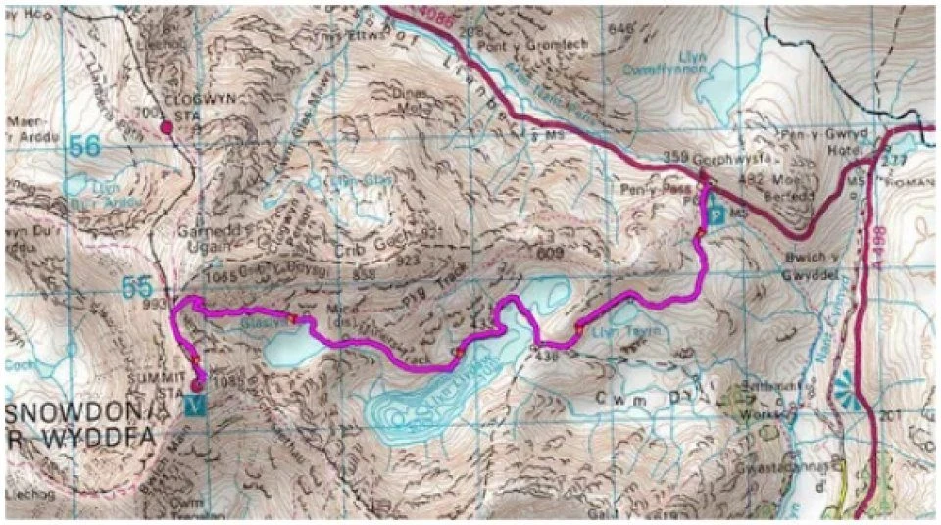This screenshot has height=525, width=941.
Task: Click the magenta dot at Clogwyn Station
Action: coord(166,125)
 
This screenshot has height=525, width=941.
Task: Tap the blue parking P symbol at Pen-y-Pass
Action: coord(715,215)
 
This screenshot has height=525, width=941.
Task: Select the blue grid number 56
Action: coord(85,146)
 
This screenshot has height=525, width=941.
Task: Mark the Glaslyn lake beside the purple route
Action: coord(290,345)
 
